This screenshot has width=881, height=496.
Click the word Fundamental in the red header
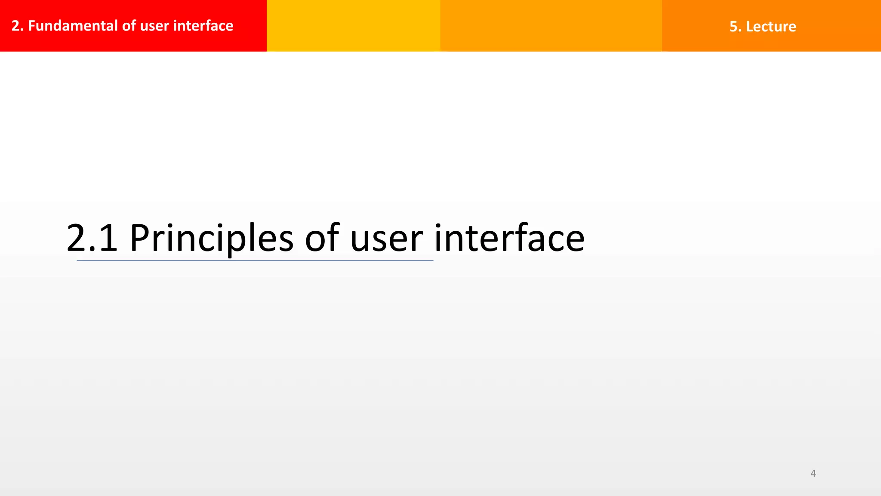[x=73, y=26]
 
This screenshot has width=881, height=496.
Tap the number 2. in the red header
[x=17, y=26]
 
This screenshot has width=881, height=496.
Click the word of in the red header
[x=129, y=26]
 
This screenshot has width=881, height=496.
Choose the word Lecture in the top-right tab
[x=771, y=27]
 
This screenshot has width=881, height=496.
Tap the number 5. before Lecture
[x=735, y=27]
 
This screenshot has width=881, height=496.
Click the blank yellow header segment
[x=353, y=26]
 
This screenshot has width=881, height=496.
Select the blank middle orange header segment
[x=551, y=26]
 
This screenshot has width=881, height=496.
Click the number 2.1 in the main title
[x=92, y=238]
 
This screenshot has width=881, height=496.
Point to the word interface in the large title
[x=509, y=238]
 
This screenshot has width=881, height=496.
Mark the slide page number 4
[x=813, y=473]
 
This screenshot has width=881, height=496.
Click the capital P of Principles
[x=139, y=238]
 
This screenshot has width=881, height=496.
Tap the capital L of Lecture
[x=749, y=27]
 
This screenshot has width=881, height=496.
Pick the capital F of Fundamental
[x=31, y=26]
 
